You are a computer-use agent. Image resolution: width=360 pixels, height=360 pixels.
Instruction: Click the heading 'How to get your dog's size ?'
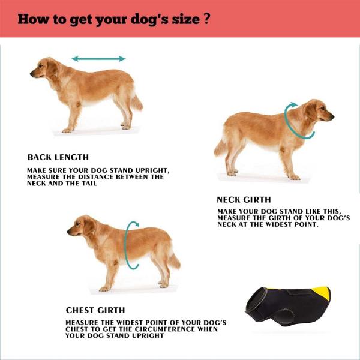113,18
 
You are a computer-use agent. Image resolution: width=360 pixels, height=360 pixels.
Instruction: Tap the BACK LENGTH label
58,157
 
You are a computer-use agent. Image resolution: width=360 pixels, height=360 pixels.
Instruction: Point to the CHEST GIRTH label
95,310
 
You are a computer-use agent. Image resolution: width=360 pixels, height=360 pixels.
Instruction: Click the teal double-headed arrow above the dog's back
98,59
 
